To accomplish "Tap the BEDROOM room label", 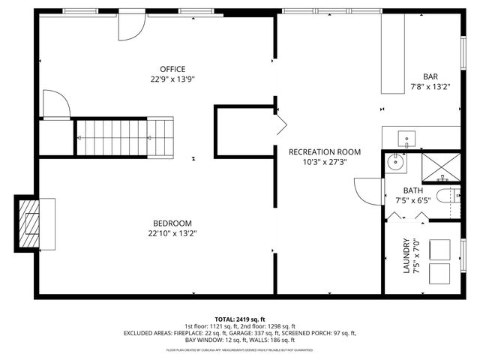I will coord(172,223).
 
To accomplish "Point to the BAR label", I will coord(430,76).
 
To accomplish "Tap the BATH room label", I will coord(412,190).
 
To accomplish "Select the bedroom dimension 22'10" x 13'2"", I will coord(172,232).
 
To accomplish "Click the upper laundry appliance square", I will coord(440,248).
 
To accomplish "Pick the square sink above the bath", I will coord(406,138).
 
